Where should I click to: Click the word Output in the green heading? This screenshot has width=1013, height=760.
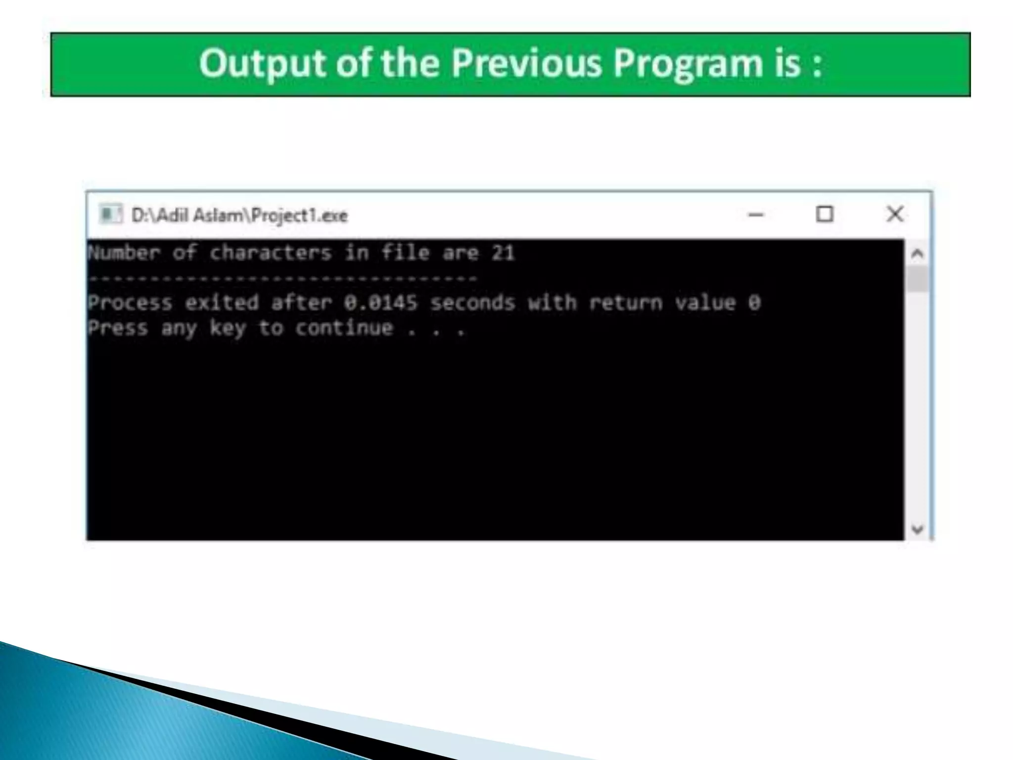coord(263,63)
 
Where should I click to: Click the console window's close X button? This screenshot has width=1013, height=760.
coord(895,214)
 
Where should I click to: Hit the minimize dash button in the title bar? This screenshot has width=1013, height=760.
coord(756,215)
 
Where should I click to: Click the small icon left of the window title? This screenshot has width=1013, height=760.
coord(110,214)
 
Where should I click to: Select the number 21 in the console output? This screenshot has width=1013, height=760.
coord(503,253)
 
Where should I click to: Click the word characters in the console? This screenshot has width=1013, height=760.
coord(271,253)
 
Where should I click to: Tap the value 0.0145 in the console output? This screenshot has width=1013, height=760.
coord(380,302)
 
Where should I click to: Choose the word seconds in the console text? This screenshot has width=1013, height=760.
coord(472,302)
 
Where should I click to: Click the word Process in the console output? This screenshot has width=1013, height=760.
coord(130,302)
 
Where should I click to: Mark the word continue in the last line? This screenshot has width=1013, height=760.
coord(344,328)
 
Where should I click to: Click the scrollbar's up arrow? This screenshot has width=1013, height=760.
coord(918,254)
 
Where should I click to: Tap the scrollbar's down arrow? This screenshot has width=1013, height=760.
coord(918,529)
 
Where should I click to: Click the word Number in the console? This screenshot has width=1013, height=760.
coord(124,253)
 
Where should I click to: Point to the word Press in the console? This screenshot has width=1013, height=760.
coord(118,328)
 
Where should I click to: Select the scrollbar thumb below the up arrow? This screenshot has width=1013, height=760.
coord(918,279)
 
